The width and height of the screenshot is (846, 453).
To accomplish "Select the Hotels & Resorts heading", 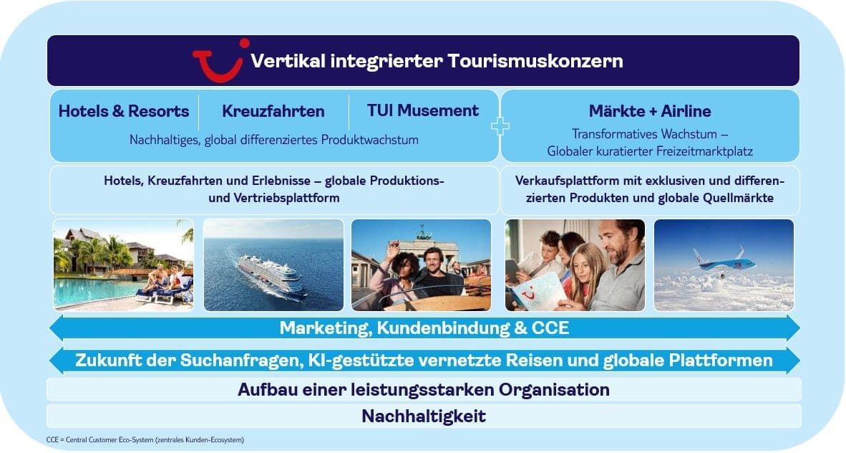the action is pos(124,111).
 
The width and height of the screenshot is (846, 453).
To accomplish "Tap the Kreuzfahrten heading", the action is pos(273,111).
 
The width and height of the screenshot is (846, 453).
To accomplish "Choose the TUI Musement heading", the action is pos(422,111).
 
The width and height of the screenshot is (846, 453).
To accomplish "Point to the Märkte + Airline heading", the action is pos(650,111).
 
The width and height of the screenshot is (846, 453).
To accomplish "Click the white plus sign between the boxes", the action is pos(500,126).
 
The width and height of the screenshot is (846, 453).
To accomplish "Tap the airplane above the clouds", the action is pos(722,263).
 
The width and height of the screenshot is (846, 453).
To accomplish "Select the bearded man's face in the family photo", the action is pos(615,242).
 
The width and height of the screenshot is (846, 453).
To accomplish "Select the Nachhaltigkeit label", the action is pos(424,416).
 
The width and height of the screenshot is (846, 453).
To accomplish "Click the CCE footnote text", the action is pos(145,440).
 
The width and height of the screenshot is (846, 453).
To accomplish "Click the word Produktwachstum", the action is pos(369,140).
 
